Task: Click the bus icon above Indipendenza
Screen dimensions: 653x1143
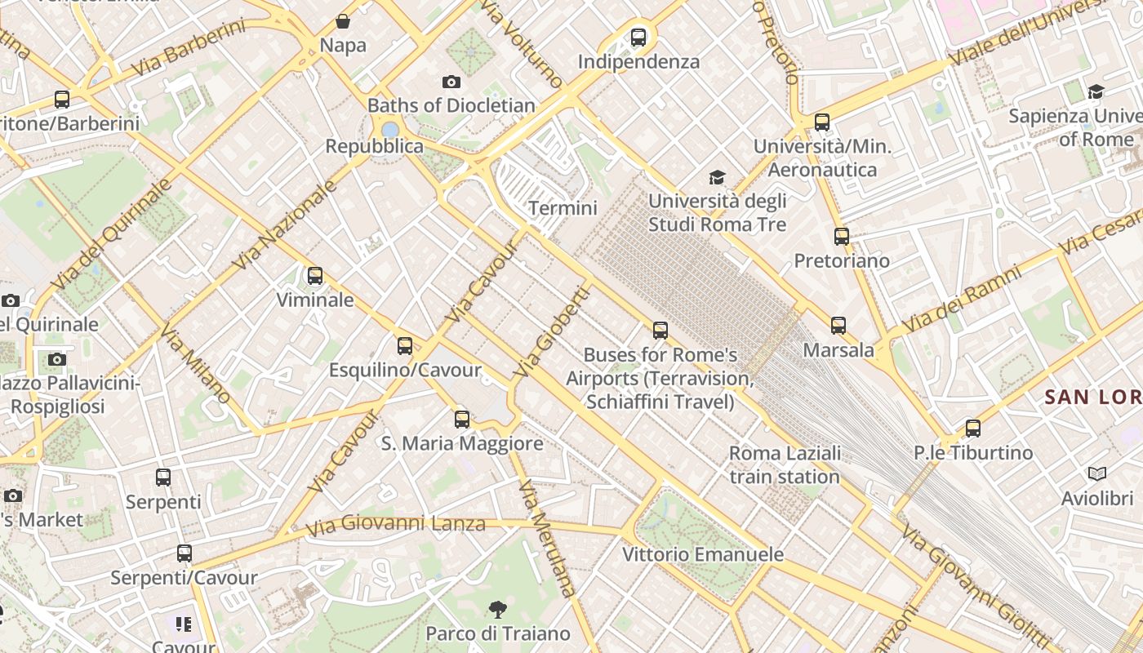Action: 638,37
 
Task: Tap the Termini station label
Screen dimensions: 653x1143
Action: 563,208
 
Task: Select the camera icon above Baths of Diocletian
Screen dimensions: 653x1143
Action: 451,82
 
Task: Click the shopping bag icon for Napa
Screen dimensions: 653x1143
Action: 343,21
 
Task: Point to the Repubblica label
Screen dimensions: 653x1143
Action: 374,146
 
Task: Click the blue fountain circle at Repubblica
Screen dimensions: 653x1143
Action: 390,129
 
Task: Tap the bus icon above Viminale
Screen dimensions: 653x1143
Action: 315,276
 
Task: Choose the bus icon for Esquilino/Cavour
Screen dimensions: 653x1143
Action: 405,346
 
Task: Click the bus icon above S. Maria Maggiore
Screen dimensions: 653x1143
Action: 462,420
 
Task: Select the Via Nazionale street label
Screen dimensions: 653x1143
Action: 285,225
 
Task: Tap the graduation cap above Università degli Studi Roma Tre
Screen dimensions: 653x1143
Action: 717,177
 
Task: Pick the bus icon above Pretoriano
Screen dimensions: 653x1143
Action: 842,237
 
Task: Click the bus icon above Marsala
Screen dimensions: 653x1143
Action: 838,326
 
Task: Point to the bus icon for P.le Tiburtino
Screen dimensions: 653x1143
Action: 973,429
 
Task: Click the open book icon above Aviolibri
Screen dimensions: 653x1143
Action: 1097,473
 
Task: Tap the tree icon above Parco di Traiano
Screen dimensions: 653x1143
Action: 497,609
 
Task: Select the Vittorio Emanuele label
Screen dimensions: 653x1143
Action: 703,554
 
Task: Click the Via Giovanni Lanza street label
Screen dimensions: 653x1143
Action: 396,524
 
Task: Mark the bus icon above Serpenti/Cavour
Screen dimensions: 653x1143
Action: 185,553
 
